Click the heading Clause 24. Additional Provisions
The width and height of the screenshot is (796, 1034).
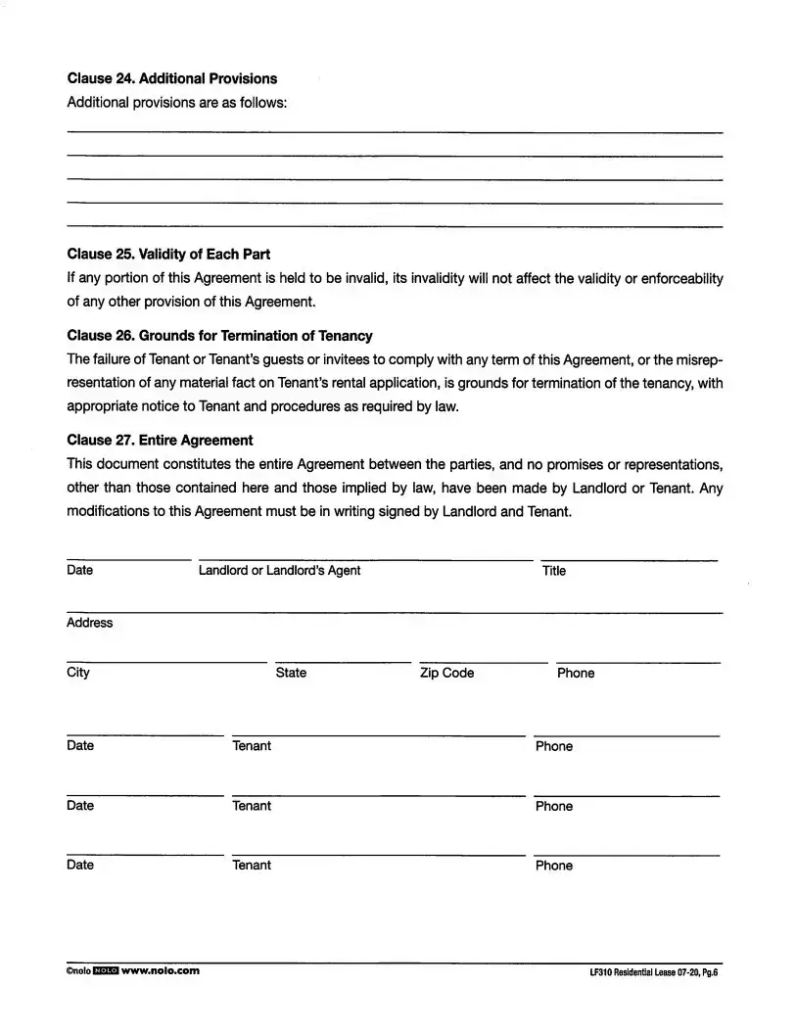(171, 78)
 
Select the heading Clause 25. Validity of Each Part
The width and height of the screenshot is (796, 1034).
(168, 254)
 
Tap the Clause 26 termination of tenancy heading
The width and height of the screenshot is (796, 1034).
(219, 335)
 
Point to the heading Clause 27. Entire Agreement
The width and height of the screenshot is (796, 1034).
(160, 440)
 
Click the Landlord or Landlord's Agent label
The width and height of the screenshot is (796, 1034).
(279, 571)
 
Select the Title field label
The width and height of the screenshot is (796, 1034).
(554, 571)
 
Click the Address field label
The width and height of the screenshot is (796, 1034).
(89, 623)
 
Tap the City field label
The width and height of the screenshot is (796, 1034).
(78, 673)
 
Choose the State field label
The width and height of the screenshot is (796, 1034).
(291, 673)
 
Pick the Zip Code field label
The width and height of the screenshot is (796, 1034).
(446, 673)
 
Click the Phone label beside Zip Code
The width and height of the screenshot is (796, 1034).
(576, 673)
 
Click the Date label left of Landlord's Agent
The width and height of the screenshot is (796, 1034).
(80, 571)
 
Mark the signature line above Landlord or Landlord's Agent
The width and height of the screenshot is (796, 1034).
(366, 560)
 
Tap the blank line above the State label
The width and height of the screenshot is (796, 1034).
(343, 663)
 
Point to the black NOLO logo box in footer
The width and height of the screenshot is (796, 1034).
(105, 970)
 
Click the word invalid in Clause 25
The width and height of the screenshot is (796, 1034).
(366, 278)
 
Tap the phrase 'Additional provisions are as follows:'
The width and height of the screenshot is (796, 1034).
(177, 103)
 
